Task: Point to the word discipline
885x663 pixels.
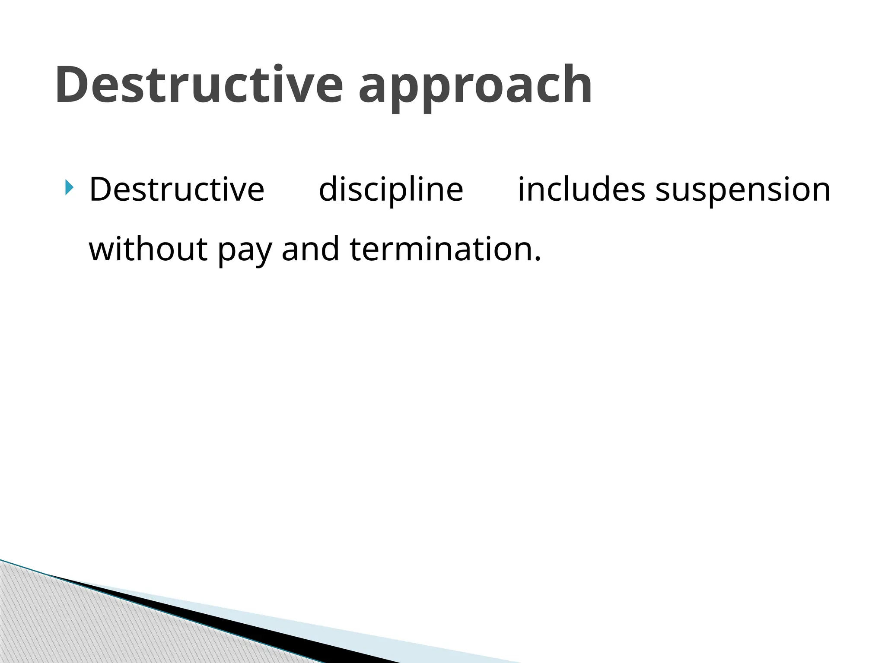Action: [x=391, y=190]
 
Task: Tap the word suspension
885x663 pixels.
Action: [x=743, y=190]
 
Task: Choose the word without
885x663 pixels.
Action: [x=148, y=249]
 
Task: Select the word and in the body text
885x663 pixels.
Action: [x=310, y=249]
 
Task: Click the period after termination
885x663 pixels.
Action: [x=537, y=259]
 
